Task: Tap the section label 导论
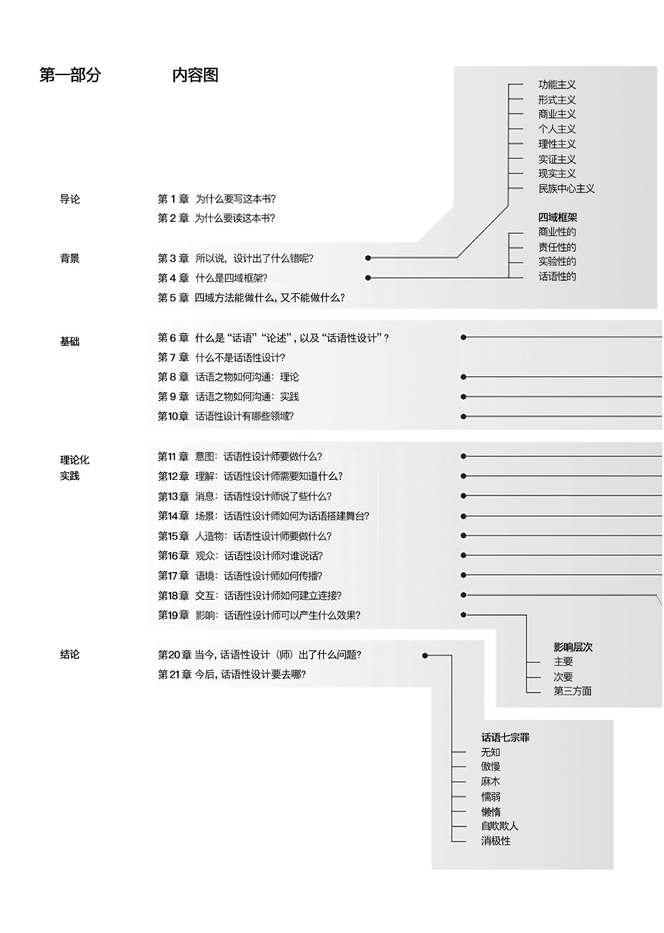coord(70,199)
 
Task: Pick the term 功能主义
coord(557,85)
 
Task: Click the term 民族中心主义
coord(566,189)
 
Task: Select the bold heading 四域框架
coord(557,217)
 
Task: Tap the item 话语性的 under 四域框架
coord(557,277)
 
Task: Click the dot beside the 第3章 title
coord(368,258)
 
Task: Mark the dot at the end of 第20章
coord(425,655)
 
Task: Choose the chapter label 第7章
coord(173,358)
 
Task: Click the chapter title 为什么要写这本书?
coord(236,199)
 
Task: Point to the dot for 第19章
coord(463,615)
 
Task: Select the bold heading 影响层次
coord(573,647)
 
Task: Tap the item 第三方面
coord(572,691)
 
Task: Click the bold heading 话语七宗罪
coord(505,737)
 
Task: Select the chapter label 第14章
coord(173,516)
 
